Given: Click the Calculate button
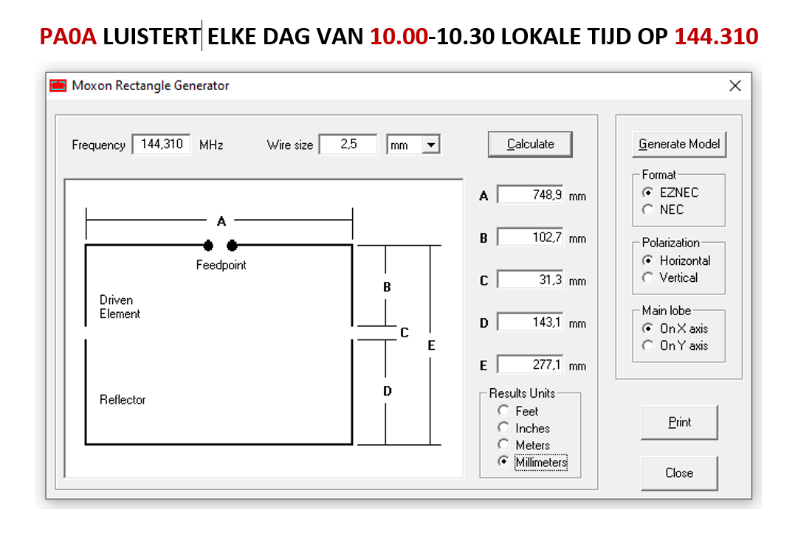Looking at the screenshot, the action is [530, 145].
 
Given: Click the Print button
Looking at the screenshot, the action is [679, 422].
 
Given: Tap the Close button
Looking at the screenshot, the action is [679, 473].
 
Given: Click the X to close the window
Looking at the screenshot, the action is [735, 86].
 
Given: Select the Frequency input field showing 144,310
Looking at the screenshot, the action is [162, 145].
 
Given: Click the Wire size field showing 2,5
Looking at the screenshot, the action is [348, 145].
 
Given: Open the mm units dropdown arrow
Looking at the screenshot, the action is [431, 145].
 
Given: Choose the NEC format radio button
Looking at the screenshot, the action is [648, 210].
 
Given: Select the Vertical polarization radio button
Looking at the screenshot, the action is [648, 277].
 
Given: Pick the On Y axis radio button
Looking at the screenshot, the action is [648, 346].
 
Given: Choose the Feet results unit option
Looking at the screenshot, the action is [503, 410].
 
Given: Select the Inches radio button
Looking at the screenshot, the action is [503, 428].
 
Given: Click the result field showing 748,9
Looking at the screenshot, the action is [530, 195].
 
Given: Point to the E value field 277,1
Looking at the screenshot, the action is [530, 365].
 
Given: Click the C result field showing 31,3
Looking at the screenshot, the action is [530, 280].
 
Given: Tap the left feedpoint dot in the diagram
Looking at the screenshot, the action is [208, 246].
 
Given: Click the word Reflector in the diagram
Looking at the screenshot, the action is [123, 400].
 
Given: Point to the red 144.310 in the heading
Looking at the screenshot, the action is [716, 37].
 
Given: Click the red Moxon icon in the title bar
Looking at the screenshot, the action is [58, 86].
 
